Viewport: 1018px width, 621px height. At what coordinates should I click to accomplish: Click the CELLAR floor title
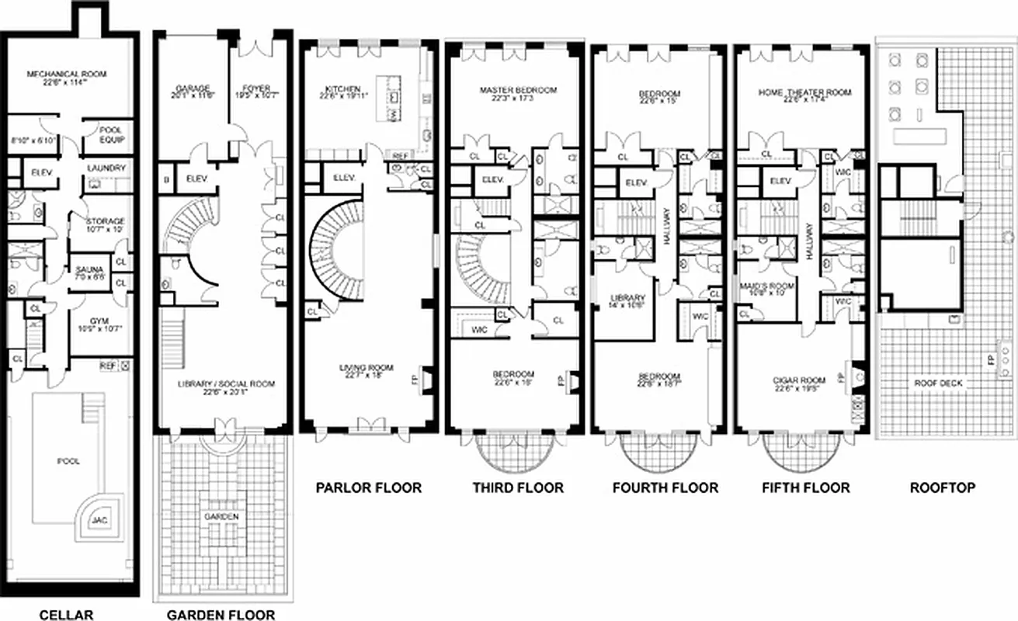66,615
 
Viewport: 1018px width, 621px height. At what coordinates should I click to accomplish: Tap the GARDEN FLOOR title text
221,615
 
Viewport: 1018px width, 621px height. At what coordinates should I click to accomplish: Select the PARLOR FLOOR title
368,487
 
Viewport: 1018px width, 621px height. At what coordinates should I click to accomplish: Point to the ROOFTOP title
943,487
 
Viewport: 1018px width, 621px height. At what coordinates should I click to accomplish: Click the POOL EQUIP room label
106,136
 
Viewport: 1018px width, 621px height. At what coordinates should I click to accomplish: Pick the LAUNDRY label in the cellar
106,168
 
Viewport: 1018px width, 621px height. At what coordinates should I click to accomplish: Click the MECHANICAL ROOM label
67,75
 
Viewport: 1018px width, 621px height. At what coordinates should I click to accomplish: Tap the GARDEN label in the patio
221,516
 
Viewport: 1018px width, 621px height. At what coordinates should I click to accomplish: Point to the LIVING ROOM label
367,368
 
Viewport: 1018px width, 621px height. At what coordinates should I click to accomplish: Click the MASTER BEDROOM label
518,90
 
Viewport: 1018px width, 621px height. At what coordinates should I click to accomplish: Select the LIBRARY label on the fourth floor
627,298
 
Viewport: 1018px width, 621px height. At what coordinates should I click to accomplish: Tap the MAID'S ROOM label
767,285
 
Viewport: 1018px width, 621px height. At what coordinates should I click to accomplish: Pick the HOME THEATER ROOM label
804,92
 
